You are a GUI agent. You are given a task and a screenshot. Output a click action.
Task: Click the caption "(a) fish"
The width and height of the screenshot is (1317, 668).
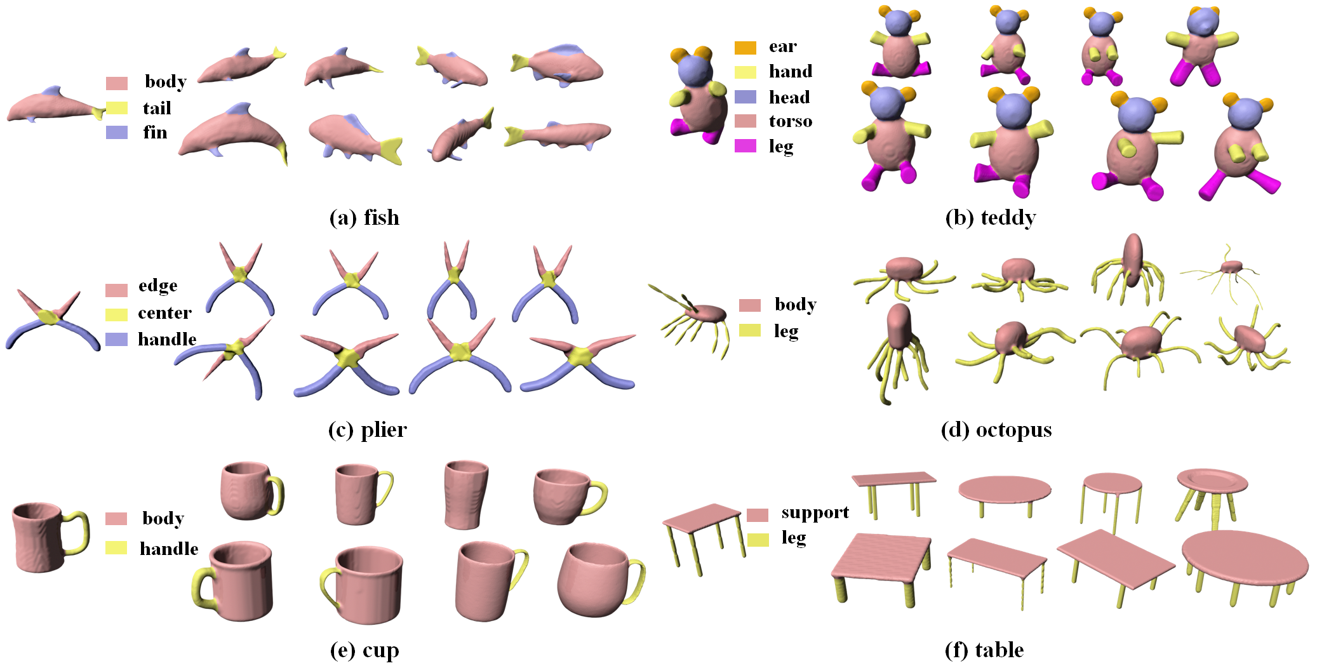click(x=364, y=218)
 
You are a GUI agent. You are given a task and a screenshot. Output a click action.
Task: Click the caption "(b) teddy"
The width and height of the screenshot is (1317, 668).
click(x=990, y=218)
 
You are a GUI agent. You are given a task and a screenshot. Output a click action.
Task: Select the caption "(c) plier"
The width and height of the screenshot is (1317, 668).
click(x=367, y=430)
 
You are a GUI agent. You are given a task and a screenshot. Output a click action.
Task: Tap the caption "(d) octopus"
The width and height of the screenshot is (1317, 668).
click(x=996, y=430)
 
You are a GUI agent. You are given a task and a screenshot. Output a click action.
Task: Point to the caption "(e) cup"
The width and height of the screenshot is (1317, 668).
click(x=364, y=650)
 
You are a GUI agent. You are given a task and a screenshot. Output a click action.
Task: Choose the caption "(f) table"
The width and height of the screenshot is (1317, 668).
click(x=984, y=650)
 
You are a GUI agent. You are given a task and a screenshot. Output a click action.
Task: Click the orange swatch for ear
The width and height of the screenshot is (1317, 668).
click(x=745, y=48)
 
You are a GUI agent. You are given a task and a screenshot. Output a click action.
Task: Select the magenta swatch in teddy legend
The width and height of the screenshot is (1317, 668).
click(x=745, y=146)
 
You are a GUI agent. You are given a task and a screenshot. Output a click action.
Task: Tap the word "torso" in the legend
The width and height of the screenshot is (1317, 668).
click(x=790, y=121)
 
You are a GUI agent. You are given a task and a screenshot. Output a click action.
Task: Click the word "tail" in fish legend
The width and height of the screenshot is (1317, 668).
click(x=157, y=108)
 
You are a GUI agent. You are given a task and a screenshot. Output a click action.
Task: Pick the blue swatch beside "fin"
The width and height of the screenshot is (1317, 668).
click(x=117, y=132)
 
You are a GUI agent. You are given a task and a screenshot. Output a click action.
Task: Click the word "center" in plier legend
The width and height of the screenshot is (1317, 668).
click(x=164, y=313)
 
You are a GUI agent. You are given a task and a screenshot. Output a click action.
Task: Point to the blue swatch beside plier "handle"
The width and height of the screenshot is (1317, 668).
click(x=117, y=339)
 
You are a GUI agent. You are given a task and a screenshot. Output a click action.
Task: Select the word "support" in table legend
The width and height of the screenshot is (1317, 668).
click(x=815, y=512)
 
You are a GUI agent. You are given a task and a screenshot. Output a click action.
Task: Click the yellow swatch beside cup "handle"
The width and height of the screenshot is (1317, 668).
click(x=116, y=547)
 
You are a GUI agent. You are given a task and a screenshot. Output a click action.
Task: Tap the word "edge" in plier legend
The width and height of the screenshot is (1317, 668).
click(x=157, y=286)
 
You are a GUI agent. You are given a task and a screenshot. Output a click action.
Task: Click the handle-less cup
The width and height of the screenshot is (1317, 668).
click(x=466, y=494)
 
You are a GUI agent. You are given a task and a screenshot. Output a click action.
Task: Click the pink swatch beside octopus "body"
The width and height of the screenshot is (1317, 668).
click(x=750, y=305)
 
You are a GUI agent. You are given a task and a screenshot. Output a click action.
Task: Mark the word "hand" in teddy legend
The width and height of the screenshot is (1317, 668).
click(x=790, y=71)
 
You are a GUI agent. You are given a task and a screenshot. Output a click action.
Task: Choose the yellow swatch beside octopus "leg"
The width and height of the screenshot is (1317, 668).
click(x=750, y=330)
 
